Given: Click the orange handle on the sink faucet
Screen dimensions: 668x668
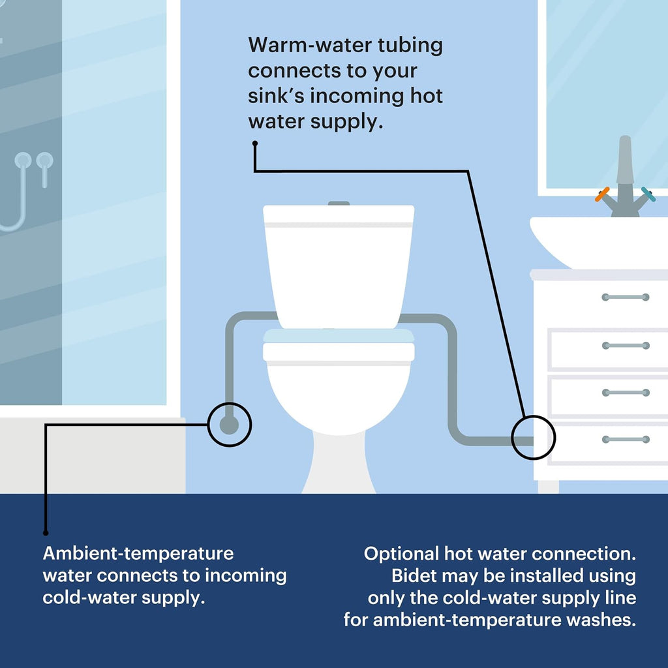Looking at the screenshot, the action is coord(602,194).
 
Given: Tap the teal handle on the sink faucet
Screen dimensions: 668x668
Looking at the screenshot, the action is coord(648,194).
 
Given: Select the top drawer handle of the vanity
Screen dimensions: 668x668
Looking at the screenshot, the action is coord(626,297).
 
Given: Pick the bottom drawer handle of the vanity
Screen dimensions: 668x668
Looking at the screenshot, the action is coord(626,439).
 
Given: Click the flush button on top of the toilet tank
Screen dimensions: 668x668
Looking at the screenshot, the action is coord(339,204).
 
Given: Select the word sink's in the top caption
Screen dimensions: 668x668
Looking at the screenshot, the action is coord(276,96).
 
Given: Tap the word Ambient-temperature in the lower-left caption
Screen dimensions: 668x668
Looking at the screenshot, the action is coord(138,553).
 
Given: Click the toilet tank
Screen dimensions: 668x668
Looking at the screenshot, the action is coord(339,267).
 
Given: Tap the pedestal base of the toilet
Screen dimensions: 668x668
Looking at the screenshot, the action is coord(339,463).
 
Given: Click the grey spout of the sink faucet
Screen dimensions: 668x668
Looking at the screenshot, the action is coord(625,159).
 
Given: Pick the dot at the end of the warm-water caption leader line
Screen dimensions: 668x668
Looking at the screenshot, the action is coord(255,144).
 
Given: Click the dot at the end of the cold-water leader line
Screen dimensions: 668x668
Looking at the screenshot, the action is coord(46,533).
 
